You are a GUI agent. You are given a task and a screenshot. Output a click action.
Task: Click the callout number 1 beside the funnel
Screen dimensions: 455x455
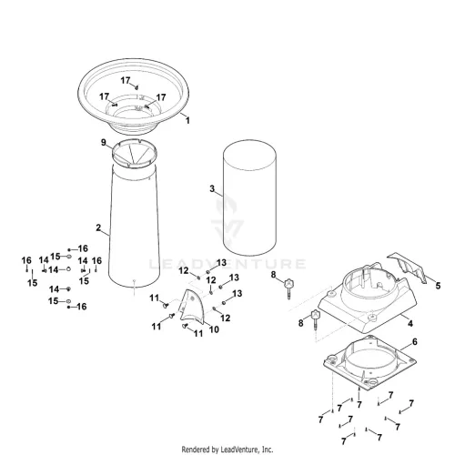click(x=187, y=120)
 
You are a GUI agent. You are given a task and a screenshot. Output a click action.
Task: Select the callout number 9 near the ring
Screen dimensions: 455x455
click(x=104, y=142)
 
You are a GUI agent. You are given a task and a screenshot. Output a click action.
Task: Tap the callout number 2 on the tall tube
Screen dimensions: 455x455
click(x=98, y=227)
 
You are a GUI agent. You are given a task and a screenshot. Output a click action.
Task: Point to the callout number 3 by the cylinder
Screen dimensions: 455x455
click(x=212, y=188)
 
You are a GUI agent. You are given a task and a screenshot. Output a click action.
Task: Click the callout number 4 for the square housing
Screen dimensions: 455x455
click(x=410, y=323)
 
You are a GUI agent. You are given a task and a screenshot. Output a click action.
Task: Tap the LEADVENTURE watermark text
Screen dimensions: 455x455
click(x=227, y=264)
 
